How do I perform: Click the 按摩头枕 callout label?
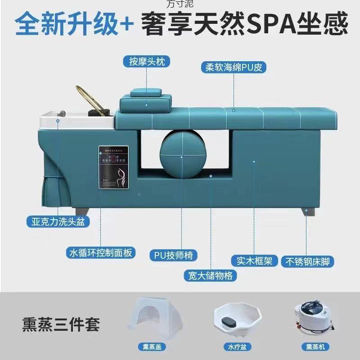pyautogui.click(x=146, y=61)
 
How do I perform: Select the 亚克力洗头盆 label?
pyautogui.click(x=58, y=221)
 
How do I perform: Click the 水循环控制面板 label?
pyautogui.click(x=100, y=252)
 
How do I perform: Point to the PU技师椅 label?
pyautogui.click(x=173, y=255)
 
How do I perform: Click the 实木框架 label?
pyautogui.click(x=254, y=261)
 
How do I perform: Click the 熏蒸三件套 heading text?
pyautogui.click(x=61, y=324)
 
